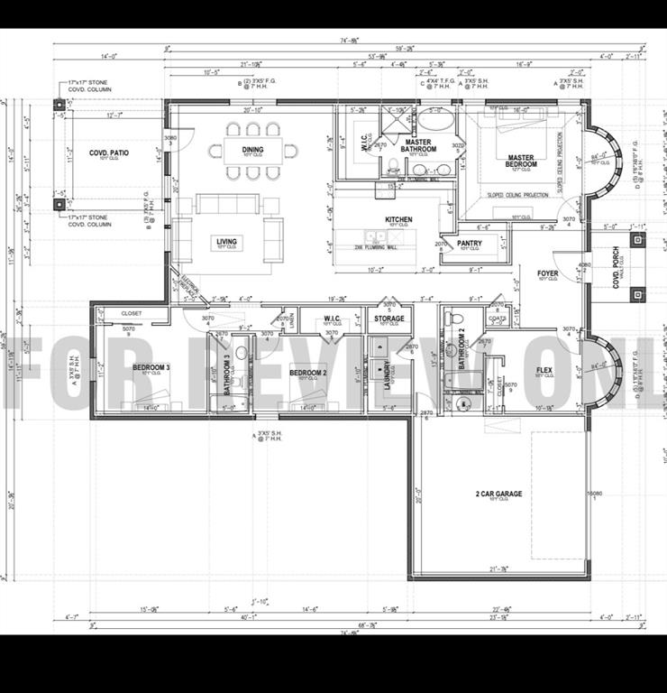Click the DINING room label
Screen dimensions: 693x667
coord(252,150)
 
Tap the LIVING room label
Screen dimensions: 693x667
coord(225,241)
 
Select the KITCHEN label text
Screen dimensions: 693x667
coord(398,220)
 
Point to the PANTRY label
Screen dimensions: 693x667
coord(470,243)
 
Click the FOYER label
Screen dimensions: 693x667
coord(547,273)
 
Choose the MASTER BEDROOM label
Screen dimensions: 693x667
coord(520,162)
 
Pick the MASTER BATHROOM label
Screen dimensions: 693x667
coord(419,145)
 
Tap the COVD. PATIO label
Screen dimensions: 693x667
coord(108,153)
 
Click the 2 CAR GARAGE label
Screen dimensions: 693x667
coord(498,494)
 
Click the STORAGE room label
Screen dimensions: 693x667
coord(389,319)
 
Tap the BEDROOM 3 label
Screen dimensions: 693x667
coord(151,367)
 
